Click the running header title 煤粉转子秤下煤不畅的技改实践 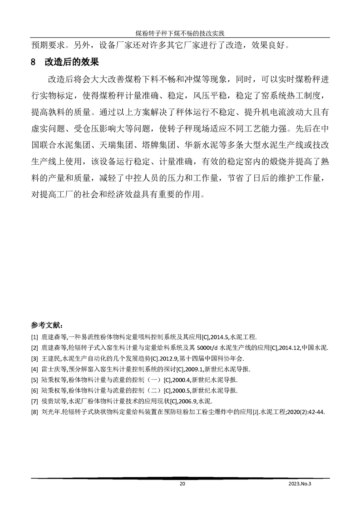180,33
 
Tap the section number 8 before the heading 33,62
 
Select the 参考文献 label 47,325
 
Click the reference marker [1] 34,337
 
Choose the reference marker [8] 34,412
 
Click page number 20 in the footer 182,485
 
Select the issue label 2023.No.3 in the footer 301,485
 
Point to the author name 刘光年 49,412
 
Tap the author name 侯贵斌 49,401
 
